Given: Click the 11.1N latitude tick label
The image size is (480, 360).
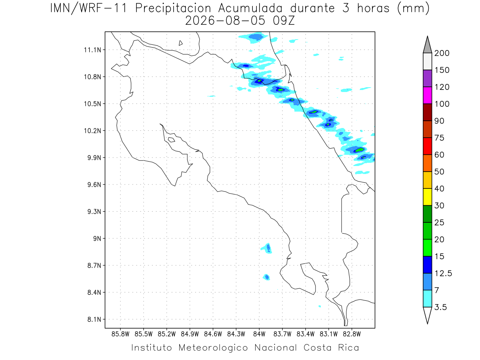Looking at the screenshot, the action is (x=92, y=50).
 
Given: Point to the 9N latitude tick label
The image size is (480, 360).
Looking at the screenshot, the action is (x=97, y=238).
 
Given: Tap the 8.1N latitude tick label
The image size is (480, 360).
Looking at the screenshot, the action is (x=94, y=319).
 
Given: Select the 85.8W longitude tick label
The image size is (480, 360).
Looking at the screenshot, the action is (x=120, y=334).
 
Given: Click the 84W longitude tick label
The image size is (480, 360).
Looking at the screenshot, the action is (x=259, y=334).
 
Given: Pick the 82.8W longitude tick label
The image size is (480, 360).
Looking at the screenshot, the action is (x=352, y=334).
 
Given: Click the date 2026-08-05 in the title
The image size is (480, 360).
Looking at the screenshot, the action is (x=225, y=21).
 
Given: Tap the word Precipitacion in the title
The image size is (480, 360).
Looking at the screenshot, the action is (x=173, y=8).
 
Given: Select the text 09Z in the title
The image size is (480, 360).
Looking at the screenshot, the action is (x=284, y=21).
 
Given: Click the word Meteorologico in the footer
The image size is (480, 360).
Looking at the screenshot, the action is (x=213, y=348).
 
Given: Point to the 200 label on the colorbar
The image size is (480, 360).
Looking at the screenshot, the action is (x=442, y=53).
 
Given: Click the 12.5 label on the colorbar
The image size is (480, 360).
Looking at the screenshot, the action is (x=443, y=273).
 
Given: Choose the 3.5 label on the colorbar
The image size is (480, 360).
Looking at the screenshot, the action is (x=440, y=307).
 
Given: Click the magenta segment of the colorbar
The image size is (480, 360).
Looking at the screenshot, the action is (x=427, y=95).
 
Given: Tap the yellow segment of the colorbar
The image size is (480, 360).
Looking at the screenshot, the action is (x=427, y=197).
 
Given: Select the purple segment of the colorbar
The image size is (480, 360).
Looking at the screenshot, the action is (x=427, y=78).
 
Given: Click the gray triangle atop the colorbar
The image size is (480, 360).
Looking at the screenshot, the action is (x=427, y=46).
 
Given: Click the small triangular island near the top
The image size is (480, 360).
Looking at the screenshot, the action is (x=180, y=43).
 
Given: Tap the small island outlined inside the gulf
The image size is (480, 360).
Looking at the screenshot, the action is (x=172, y=140).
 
